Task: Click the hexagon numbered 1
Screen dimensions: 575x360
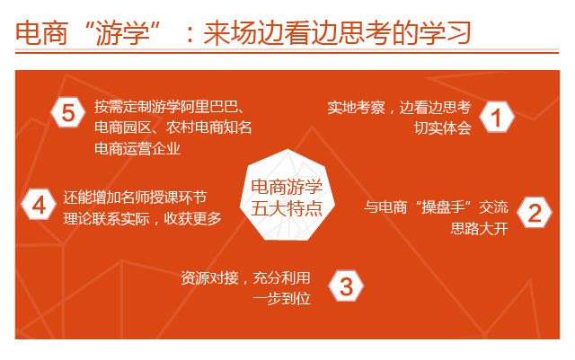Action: (x=497, y=117)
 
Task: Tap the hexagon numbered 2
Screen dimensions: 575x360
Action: (x=535, y=212)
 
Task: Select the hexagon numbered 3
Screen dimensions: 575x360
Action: (x=346, y=286)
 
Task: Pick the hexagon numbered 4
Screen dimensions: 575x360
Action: (x=39, y=205)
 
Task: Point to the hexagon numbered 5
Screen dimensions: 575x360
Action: (x=68, y=112)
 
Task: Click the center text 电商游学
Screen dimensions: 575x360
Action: (x=287, y=187)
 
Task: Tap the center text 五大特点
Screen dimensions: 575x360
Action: (x=287, y=209)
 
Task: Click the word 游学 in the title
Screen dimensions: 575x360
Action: (x=122, y=33)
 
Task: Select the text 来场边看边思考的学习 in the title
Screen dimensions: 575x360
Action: (x=337, y=33)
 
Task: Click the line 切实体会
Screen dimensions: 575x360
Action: (x=443, y=128)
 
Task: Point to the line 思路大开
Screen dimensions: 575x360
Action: (x=479, y=228)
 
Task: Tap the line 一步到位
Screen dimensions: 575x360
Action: (x=281, y=299)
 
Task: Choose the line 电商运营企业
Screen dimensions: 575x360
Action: (x=137, y=148)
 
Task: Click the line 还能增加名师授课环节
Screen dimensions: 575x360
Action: (x=135, y=198)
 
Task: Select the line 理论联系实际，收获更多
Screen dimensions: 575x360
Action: (x=142, y=218)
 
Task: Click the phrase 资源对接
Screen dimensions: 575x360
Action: (x=209, y=278)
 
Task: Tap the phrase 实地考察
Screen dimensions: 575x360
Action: (x=356, y=108)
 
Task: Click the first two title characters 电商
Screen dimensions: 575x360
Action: (x=42, y=33)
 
